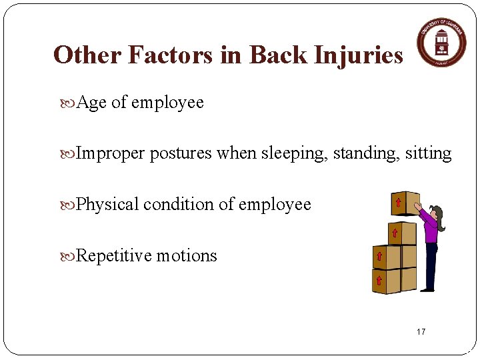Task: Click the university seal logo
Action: point(441,41)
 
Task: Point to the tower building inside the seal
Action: point(441,43)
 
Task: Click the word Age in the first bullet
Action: point(92,103)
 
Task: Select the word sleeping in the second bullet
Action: point(297,153)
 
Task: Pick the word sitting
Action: point(428,153)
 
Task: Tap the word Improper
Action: point(111,153)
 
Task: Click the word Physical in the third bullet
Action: point(107,205)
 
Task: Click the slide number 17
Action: point(421,332)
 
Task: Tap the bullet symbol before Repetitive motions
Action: point(71,256)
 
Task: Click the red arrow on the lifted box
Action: point(398,202)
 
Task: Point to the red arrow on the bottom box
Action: point(378,280)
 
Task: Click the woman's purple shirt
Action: point(431,231)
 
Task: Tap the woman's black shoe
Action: point(427,290)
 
